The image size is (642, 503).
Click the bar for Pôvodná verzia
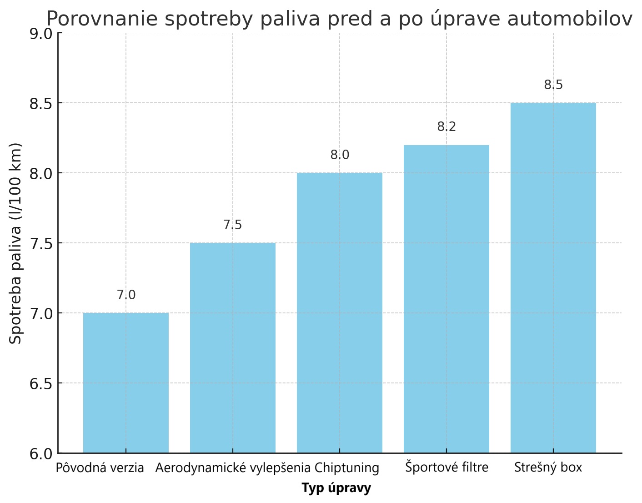[x=126, y=382]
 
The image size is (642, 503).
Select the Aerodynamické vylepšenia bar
[x=233, y=348]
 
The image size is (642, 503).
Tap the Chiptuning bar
[x=340, y=313]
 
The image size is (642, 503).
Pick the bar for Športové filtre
[x=446, y=299]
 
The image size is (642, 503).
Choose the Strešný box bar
[x=553, y=278]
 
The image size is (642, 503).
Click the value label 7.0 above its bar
[x=126, y=295]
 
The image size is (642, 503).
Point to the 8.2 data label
[x=446, y=127]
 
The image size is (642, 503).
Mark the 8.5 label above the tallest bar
[x=553, y=85]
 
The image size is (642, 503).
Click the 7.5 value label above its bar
[x=233, y=225]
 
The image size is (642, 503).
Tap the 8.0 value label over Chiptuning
[x=340, y=155]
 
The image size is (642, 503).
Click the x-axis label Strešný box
[x=548, y=468]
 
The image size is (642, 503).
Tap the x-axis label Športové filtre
[x=446, y=467]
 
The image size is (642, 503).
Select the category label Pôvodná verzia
[x=100, y=468]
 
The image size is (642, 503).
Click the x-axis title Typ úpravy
[x=336, y=488]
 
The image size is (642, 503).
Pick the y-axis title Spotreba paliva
[x=16, y=243]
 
